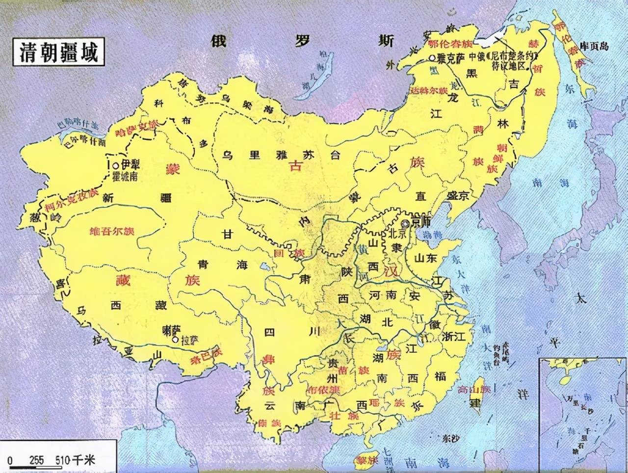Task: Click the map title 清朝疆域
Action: coord(58,52)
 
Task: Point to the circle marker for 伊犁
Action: coord(115,165)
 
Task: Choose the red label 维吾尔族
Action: coord(112,231)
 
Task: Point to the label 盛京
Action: coord(458,195)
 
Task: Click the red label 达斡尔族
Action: coord(429,90)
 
